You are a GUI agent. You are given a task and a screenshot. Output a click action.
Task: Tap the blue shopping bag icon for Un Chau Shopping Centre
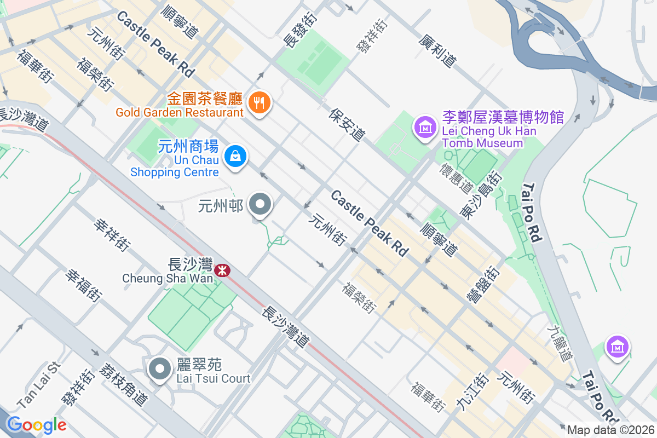[235, 157]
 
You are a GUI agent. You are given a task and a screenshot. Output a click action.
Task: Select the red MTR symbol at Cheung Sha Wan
[222, 270]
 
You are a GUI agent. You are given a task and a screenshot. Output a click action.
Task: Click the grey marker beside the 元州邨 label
[260, 205]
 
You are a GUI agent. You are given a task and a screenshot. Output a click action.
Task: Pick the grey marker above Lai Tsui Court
[160, 368]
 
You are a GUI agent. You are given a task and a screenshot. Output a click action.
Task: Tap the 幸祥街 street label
[112, 235]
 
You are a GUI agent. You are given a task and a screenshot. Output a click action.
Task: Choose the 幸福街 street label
[84, 285]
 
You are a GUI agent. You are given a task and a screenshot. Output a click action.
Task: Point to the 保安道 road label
[347, 124]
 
